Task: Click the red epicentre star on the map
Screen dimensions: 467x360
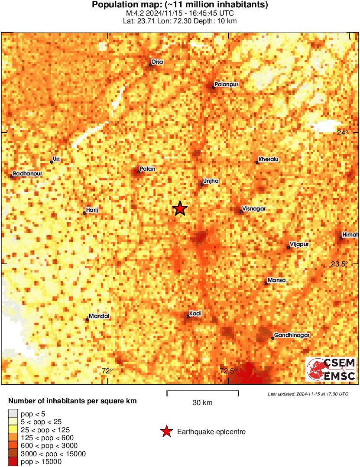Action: [180, 209]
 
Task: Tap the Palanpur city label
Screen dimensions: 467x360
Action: [227, 84]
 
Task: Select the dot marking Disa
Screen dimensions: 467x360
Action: [151, 65]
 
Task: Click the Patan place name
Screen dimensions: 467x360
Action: [148, 169]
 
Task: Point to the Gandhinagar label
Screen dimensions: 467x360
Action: [292, 335]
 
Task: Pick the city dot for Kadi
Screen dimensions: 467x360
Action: [188, 317]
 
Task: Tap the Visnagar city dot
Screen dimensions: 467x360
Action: [241, 212]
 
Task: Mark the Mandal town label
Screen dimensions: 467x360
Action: [99, 316]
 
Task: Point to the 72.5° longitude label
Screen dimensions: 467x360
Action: [228, 371]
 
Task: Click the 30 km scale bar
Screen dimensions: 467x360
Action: [202, 393]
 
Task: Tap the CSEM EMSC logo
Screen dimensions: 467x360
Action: [331, 369]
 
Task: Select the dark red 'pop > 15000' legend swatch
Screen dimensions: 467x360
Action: [13, 462]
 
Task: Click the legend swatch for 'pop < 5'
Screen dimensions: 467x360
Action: [13, 414]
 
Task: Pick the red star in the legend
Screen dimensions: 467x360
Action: [166, 431]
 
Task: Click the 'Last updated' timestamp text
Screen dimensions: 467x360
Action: [308, 394]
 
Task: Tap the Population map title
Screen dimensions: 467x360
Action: [180, 5]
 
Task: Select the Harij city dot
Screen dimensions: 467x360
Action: [84, 213]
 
